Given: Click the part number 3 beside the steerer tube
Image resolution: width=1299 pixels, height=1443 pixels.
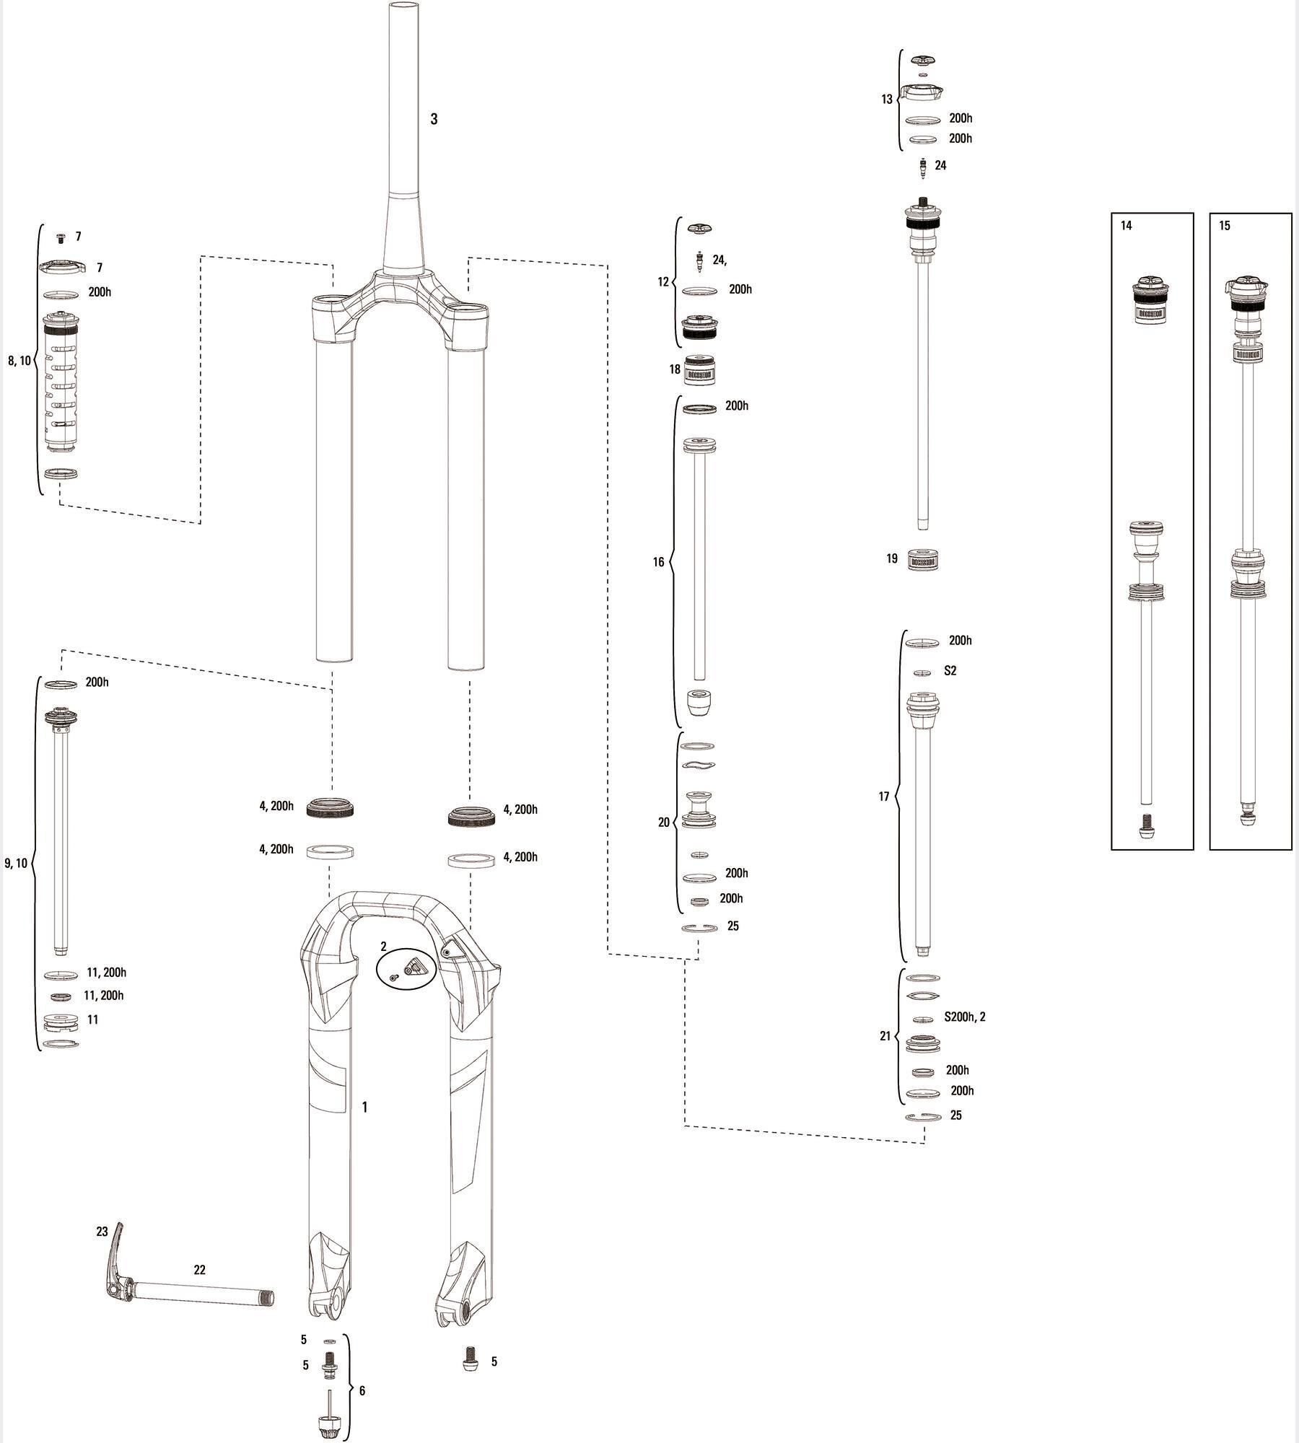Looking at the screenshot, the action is [x=434, y=119].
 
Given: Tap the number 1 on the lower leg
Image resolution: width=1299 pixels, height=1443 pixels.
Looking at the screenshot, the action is [x=365, y=1107].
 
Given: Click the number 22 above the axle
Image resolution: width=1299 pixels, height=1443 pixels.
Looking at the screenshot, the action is [x=200, y=1270].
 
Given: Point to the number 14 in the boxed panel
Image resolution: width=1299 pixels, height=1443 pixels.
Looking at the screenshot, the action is [x=1127, y=226].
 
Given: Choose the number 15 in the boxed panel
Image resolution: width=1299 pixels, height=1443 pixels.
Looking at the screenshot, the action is [x=1225, y=226].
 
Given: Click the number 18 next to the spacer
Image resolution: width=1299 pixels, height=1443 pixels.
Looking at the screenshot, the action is [x=675, y=369].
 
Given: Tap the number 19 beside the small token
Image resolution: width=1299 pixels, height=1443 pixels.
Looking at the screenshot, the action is [x=892, y=558].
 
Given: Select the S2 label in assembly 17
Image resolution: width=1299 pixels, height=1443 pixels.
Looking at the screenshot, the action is [x=950, y=671].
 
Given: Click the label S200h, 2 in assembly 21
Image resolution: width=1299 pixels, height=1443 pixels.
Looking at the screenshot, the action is [x=965, y=1017].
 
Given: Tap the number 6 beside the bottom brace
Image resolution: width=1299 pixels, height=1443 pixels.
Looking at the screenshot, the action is [x=362, y=1390].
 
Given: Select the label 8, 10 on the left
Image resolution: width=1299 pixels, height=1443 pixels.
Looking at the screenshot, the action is [x=19, y=360].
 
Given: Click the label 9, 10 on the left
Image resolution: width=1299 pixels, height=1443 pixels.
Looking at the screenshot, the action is [x=16, y=862].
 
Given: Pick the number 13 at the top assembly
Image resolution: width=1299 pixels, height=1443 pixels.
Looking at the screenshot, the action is [x=887, y=100].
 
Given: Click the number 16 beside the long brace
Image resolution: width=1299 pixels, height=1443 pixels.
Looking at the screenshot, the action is [x=658, y=562].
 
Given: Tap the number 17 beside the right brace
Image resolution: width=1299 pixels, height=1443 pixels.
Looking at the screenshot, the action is [x=884, y=797].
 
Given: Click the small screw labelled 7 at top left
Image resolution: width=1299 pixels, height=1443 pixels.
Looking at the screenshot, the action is [x=60, y=240].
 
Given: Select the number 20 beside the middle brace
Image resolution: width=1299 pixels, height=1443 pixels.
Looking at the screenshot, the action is [x=664, y=822].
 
